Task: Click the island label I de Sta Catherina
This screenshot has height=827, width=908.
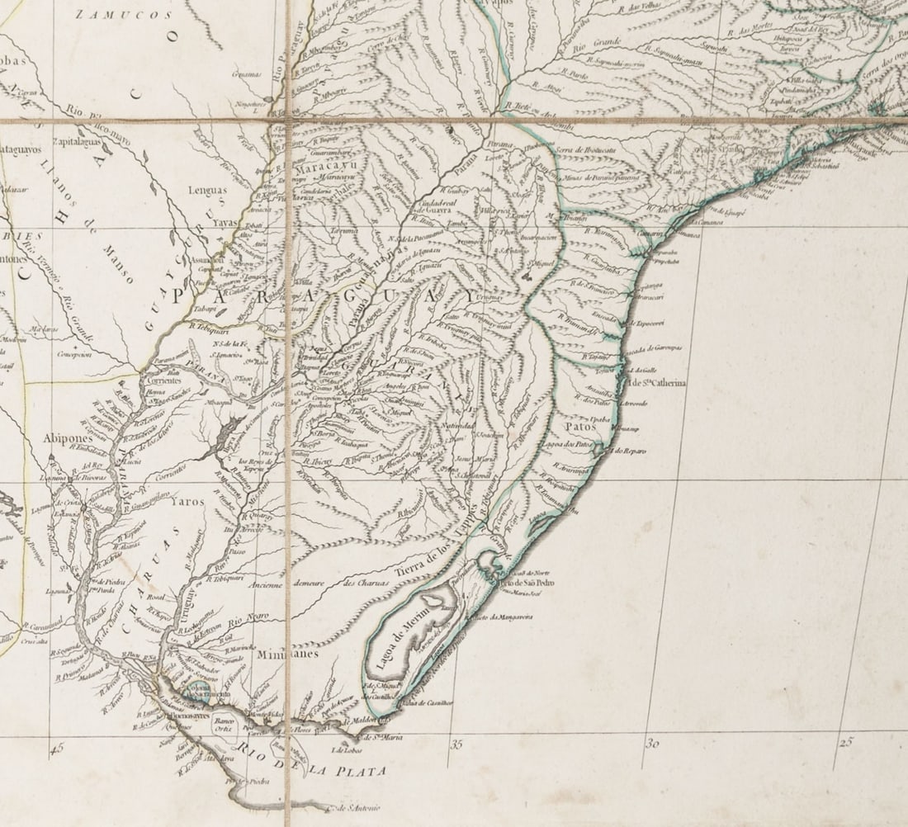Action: [x=657, y=383]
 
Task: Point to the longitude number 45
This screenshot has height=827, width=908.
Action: [x=57, y=749]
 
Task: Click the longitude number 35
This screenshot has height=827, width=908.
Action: [x=456, y=744]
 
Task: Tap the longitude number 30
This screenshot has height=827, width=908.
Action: [x=651, y=743]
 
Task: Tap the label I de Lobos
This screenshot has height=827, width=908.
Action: [x=348, y=750]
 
